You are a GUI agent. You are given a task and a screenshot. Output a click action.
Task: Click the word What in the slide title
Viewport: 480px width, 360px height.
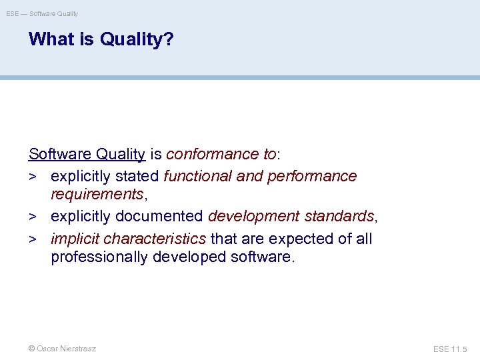click(x=52, y=40)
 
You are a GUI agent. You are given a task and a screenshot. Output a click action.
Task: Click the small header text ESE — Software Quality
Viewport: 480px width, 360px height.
click(x=42, y=13)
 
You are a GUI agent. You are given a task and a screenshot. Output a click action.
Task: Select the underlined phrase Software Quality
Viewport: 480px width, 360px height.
click(x=87, y=155)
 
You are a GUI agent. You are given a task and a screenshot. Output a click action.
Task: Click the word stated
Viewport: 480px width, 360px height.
click(x=138, y=176)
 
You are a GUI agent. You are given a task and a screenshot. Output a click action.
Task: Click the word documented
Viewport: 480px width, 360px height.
click(x=161, y=217)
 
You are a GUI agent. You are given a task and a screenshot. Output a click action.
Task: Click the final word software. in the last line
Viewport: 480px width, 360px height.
click(x=261, y=257)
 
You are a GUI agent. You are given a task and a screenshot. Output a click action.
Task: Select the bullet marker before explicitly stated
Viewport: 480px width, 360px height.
click(x=33, y=177)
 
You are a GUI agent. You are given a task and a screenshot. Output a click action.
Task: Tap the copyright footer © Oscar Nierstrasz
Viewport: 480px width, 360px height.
click(x=62, y=349)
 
